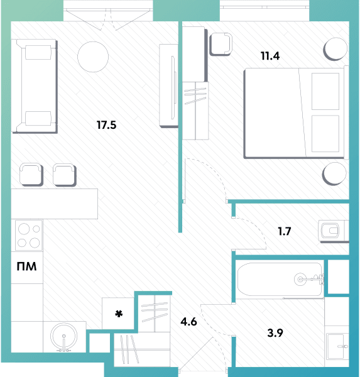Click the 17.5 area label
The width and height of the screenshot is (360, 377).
tap(106, 125)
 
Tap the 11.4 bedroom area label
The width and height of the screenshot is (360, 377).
tap(270, 56)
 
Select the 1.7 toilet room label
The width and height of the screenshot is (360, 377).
tap(285, 231)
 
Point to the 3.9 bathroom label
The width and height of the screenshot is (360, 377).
tap(275, 333)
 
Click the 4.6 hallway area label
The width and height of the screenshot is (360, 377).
tap(188, 322)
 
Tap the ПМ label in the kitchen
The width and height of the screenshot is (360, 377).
tap(26, 266)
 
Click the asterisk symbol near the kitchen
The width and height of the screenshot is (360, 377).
tap(119, 314)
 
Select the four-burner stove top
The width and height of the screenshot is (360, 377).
tap(29, 236)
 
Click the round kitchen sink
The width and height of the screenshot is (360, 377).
tap(63, 337)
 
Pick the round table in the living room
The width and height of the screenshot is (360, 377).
tap(93, 57)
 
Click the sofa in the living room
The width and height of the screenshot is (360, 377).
tap(35, 86)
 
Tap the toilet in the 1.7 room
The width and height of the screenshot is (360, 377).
tap(333, 231)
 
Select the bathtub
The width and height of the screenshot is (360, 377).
tap(280, 280)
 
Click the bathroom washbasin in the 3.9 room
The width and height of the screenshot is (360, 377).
tap(337, 346)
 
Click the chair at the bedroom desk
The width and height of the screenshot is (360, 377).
tap(221, 44)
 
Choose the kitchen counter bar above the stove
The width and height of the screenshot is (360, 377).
tap(55, 204)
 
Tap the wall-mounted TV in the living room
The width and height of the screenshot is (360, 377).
tap(173, 87)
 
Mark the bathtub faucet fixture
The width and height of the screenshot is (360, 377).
tap(309, 279)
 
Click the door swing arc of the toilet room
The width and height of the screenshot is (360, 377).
tap(258, 227)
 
